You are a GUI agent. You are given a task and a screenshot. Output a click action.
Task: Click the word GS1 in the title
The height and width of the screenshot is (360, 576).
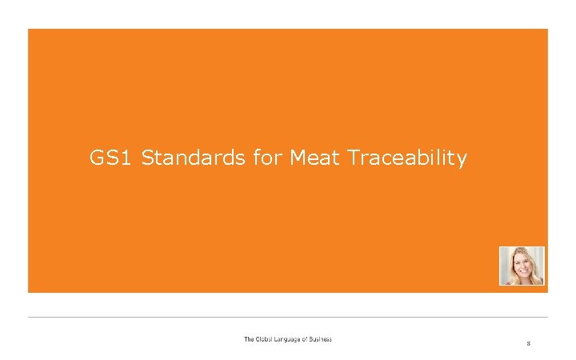point(111,158)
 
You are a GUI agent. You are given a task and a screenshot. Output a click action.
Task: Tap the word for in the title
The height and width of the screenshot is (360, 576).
point(266,158)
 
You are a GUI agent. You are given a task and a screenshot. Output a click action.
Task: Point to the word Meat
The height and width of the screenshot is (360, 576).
point(316,158)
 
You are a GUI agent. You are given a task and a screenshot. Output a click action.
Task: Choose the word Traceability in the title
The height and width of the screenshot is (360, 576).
point(407,159)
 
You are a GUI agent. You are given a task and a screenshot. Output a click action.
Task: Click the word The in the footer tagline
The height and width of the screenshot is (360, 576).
point(250,339)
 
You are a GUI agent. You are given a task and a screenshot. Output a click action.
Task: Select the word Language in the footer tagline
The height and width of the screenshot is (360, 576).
point(291,339)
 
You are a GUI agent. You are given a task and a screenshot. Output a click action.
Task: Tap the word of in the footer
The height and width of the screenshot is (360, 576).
point(310,339)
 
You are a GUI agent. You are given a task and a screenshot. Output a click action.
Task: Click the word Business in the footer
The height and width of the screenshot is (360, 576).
point(323,339)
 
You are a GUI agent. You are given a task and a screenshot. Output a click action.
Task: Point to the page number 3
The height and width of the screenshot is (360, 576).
point(528,343)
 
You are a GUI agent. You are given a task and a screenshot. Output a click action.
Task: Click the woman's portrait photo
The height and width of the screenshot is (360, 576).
point(522,266)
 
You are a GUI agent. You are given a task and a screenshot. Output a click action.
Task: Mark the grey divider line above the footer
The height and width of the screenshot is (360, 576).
point(288,317)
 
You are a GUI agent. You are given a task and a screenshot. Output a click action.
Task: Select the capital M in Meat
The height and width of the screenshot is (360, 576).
point(298,158)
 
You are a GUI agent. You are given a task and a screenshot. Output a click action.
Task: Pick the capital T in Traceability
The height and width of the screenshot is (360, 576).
point(355,158)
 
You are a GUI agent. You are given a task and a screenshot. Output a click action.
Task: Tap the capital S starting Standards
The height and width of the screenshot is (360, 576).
point(148,158)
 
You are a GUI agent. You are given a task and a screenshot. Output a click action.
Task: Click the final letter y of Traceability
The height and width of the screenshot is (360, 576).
point(462,161)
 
